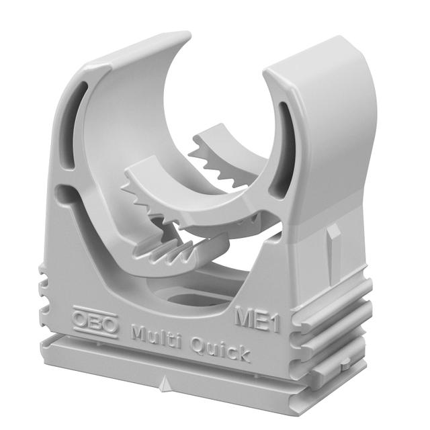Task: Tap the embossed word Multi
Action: (x=154, y=335)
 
